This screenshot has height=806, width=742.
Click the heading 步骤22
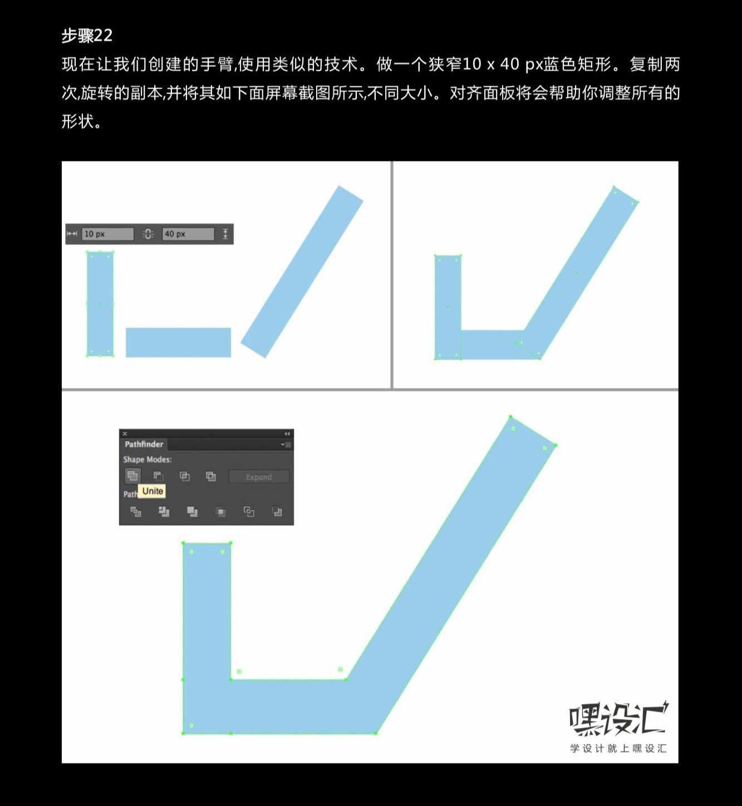coord(87,36)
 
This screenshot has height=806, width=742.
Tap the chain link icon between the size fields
coord(148,234)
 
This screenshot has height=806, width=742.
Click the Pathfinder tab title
coord(144,444)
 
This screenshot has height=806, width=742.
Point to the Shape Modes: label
coord(147,459)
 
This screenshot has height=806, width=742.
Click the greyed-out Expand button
coord(259,476)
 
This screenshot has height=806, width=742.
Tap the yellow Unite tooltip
coord(153,491)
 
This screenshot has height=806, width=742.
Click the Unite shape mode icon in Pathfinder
coord(132,476)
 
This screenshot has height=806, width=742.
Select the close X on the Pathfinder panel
coord(125,434)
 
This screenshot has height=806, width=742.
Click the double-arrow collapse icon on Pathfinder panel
coord(287,434)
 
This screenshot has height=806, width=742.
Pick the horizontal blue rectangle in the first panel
coord(179,342)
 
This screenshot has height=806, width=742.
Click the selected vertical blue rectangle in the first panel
coord(100,304)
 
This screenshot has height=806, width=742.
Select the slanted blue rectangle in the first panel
coord(302,272)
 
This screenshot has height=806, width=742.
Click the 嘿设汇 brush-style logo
coord(618,718)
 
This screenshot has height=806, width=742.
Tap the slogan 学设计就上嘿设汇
coord(618,748)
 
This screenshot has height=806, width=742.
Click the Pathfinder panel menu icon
coord(286,444)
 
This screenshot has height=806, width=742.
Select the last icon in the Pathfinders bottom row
coord(277,512)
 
